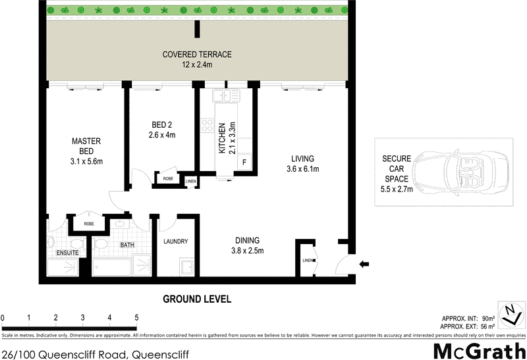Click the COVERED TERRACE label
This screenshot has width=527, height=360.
(x=197, y=54)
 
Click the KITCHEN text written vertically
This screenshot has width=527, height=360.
(x=223, y=138)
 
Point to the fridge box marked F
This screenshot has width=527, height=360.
(x=244, y=162)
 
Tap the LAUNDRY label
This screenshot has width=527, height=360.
(x=176, y=242)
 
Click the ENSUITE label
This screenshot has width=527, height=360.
(x=67, y=252)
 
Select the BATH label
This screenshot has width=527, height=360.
(x=126, y=245)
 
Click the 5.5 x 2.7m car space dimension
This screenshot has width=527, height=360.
(x=397, y=190)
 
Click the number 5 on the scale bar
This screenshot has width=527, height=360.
(x=136, y=318)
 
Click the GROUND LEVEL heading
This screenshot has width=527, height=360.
(x=197, y=299)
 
